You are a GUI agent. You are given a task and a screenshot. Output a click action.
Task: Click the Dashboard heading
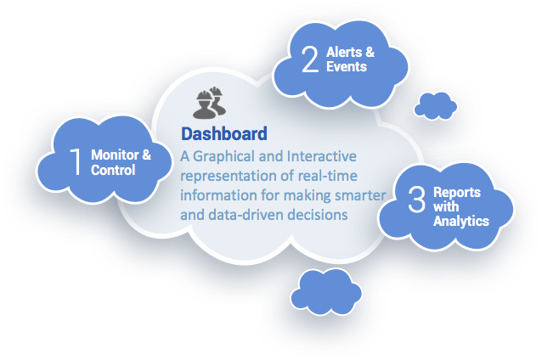pyautogui.click(x=224, y=133)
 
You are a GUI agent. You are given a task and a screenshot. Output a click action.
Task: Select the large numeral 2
pyautogui.click(x=310, y=59)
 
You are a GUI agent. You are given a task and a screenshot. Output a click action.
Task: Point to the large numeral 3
pyautogui.click(x=416, y=200)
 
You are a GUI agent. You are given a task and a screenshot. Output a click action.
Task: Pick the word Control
pyautogui.click(x=113, y=170)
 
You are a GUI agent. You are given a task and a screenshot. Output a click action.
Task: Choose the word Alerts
pyautogui.click(x=344, y=52)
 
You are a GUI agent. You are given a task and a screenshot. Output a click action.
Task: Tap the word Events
pyautogui.click(x=347, y=67)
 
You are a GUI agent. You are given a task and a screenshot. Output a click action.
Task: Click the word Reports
pyautogui.click(x=457, y=193)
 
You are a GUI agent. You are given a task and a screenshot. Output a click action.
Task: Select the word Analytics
pyautogui.click(x=461, y=221)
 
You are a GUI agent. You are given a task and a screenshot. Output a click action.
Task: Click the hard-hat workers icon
pyautogui.click(x=210, y=103)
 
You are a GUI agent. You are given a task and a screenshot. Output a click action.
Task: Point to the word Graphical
pyautogui.click(x=223, y=156)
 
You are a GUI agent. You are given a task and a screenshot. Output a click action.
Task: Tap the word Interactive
pyautogui.click(x=322, y=156)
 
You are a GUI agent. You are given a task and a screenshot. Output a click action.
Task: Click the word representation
pyautogui.click(x=229, y=177)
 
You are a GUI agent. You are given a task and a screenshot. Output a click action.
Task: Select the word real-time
pyautogui.click(x=327, y=176)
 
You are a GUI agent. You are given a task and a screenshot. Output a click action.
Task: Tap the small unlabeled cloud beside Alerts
pyautogui.click(x=436, y=106)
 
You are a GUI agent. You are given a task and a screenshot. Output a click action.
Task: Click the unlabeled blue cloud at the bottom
pyautogui.click(x=326, y=292)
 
